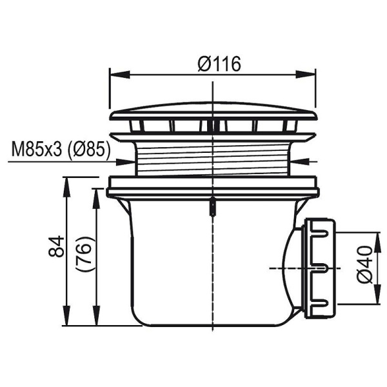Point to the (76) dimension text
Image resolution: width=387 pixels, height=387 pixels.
86,255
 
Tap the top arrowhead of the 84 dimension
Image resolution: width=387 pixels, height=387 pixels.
66,183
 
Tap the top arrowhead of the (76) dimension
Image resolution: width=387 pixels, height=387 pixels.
95,193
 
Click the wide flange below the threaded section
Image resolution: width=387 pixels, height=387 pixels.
213,187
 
